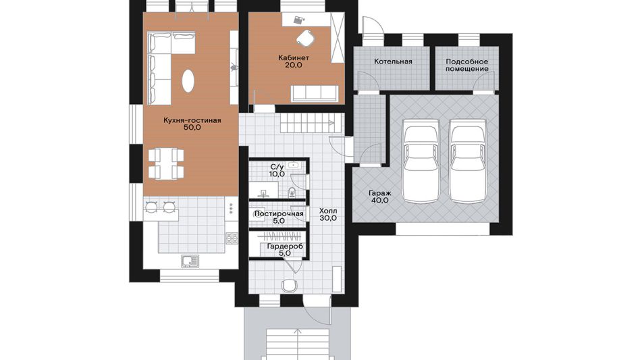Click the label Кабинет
point(294,57)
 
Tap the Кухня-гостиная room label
point(192,120)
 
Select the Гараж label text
point(380,193)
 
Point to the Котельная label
point(393,61)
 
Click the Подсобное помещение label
point(466,65)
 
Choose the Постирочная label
point(279,214)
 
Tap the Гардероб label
point(285,247)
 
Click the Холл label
point(328,211)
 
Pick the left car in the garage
point(421,161)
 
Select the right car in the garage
point(468,161)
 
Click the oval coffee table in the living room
point(188,80)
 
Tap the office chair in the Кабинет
point(304,38)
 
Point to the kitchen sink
point(190,261)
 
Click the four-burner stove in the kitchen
point(232,238)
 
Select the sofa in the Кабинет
point(315,93)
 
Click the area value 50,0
point(192,128)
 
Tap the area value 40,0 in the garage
point(380,201)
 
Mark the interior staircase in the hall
point(311,124)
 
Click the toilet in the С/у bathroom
point(292,192)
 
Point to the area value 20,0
point(294,65)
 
